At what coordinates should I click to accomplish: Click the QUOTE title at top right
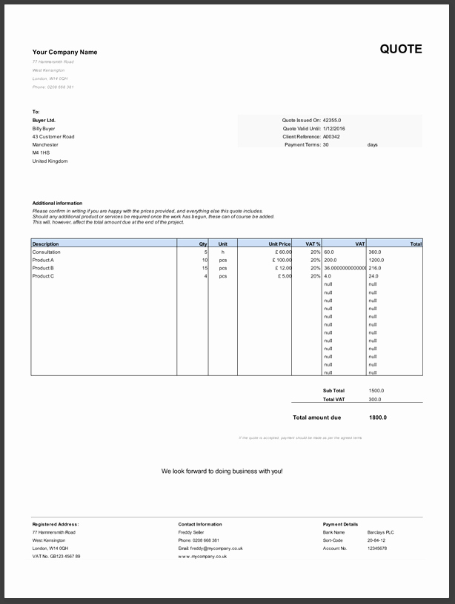pyautogui.click(x=401, y=50)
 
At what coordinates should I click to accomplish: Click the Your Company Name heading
pyautogui.click(x=64, y=52)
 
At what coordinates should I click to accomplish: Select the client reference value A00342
pyautogui.click(x=331, y=137)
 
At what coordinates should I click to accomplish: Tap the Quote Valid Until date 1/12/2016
pyautogui.click(x=334, y=129)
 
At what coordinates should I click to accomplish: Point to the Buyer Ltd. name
pyautogui.click(x=44, y=121)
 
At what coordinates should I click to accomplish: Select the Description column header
pyautogui.click(x=46, y=244)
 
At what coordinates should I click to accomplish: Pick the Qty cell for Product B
pyautogui.click(x=205, y=268)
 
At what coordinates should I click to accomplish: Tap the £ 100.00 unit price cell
pyautogui.click(x=282, y=261)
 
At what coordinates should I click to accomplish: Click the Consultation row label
pyautogui.click(x=47, y=252)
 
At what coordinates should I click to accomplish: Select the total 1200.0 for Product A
pyautogui.click(x=376, y=261)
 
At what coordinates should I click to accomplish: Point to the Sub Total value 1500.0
pyautogui.click(x=376, y=391)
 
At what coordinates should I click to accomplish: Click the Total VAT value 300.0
pyautogui.click(x=374, y=399)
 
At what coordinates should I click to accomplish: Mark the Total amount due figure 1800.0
pyautogui.click(x=378, y=417)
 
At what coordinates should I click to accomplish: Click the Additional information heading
pyautogui.click(x=57, y=203)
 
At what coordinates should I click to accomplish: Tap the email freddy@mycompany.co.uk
pyautogui.click(x=210, y=548)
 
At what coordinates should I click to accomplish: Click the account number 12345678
pyautogui.click(x=377, y=548)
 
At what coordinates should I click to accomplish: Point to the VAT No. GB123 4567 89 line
pyautogui.click(x=56, y=557)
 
